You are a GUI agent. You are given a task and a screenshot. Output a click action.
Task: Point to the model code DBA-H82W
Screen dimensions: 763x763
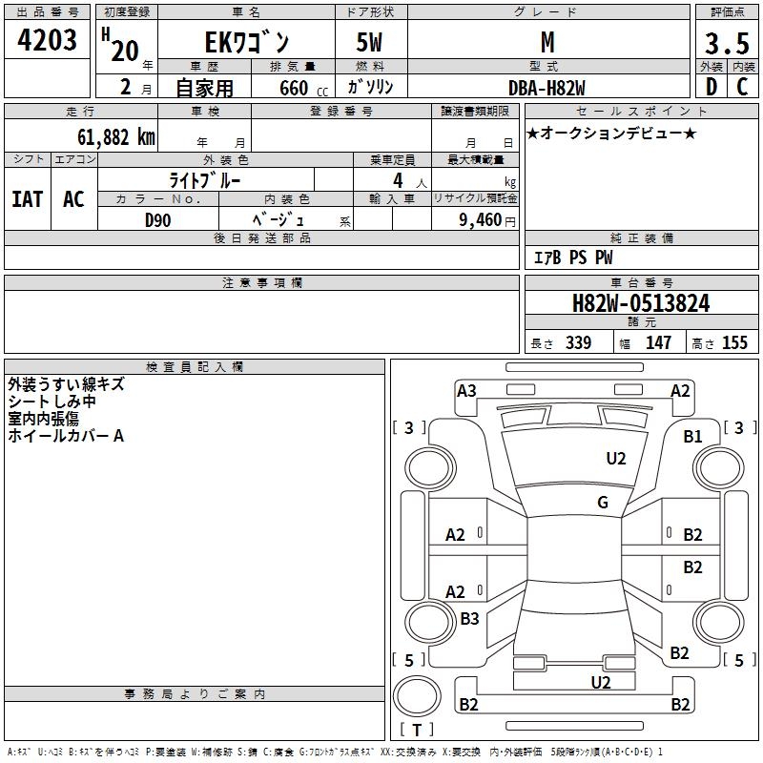(x=546, y=88)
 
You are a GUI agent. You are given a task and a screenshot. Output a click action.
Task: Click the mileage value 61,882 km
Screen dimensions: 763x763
(x=106, y=136)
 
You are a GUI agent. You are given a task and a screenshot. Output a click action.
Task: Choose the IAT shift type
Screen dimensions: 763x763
(x=27, y=199)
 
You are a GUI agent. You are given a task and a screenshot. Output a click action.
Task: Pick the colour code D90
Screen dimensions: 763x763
(x=158, y=219)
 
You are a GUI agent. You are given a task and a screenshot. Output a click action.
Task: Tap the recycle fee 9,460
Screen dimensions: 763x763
(x=479, y=220)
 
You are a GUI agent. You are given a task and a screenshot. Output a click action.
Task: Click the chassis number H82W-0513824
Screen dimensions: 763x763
(x=640, y=303)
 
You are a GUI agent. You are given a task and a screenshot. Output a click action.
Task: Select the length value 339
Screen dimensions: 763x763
(x=578, y=342)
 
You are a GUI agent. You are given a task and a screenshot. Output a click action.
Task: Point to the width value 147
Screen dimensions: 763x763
(x=658, y=342)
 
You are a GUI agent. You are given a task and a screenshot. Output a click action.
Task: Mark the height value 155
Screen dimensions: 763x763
(x=734, y=342)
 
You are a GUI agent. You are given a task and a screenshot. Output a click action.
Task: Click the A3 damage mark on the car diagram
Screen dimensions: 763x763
(x=466, y=390)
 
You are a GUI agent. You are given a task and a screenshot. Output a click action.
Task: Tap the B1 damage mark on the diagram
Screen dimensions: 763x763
(x=692, y=436)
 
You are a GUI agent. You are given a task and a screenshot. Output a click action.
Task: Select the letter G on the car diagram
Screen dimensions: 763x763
(x=603, y=503)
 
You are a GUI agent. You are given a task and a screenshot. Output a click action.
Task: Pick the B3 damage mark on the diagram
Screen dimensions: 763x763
(x=469, y=619)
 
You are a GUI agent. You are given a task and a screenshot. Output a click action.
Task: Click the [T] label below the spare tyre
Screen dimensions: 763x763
(x=417, y=730)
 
